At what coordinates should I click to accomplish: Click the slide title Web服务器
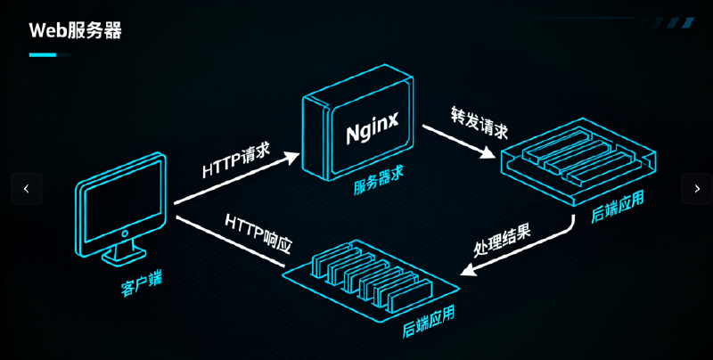(75, 31)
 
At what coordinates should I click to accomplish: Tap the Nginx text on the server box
(372, 134)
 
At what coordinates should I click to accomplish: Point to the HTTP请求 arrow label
(235, 160)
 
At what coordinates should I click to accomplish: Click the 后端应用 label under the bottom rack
(428, 322)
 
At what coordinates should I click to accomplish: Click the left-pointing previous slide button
(27, 189)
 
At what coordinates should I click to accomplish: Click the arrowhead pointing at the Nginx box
(293, 157)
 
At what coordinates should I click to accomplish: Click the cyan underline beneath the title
(43, 55)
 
